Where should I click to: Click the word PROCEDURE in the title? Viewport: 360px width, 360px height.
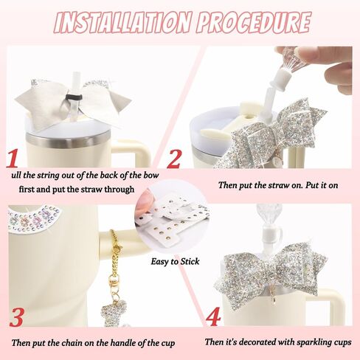coord(253,22)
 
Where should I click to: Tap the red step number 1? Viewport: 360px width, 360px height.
coord(12,159)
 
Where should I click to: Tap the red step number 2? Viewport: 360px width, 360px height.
coord(173,159)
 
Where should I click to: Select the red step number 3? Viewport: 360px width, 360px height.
coord(17,317)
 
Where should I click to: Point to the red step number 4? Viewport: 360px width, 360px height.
coord(213,316)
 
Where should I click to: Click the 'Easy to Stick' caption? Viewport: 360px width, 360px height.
coord(175,261)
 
